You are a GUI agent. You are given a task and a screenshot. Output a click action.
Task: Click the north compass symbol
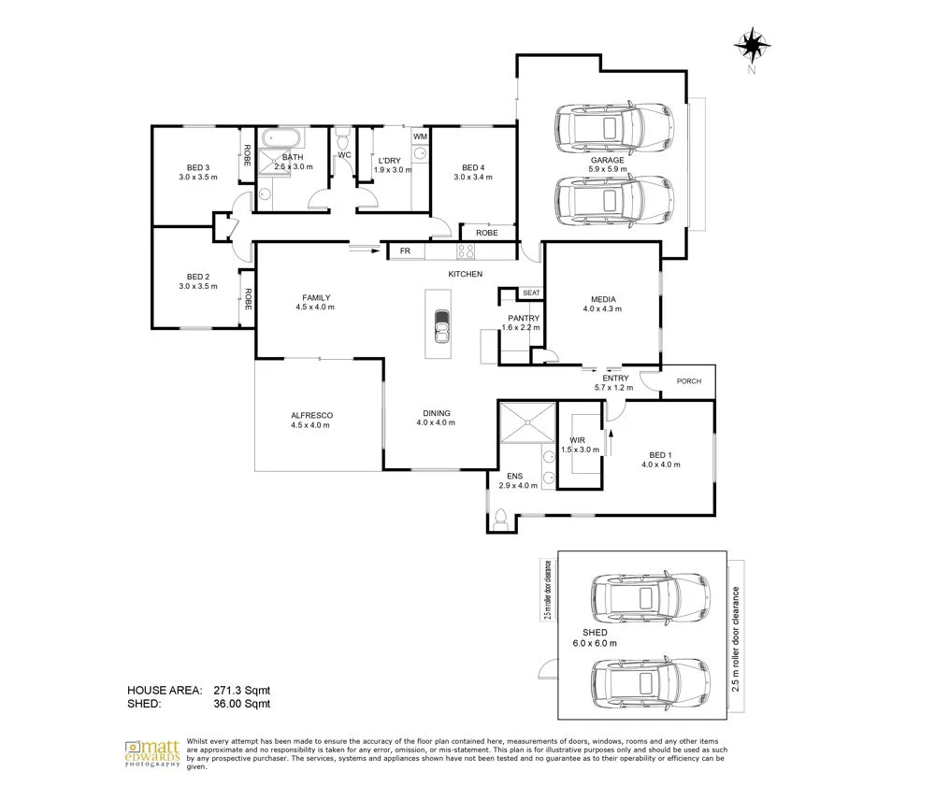pos(751,44)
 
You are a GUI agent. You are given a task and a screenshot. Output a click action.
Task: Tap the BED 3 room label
pos(196,167)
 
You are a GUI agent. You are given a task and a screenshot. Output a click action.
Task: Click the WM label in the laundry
pos(420,137)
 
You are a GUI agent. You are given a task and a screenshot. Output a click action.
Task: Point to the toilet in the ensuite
pos(501,517)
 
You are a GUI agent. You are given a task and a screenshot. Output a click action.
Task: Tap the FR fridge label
pos(406,251)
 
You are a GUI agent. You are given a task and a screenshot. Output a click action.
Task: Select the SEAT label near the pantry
pos(531,293)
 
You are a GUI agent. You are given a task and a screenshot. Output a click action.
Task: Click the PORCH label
pos(689,380)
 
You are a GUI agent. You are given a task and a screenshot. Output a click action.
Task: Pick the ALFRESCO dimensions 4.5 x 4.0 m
pos(310,425)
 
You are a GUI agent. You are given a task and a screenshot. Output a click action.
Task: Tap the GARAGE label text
pos(606,160)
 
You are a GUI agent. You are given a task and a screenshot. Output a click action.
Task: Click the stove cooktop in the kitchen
pos(465,251)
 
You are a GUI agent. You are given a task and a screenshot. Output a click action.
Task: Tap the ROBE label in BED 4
pos(486,233)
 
